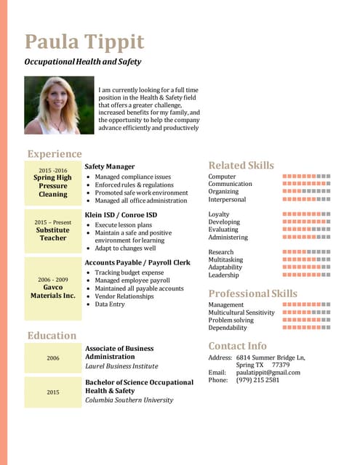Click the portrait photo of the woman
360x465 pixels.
[x=59, y=105]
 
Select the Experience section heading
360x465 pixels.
[x=55, y=154]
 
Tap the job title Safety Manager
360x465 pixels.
[x=110, y=166]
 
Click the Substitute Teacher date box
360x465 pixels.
[x=53, y=230]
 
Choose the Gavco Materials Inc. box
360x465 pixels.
[x=53, y=288]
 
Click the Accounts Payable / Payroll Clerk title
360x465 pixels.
[x=137, y=262]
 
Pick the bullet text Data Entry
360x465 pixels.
[x=110, y=304]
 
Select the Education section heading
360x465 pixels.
[x=52, y=336]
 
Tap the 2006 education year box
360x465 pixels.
[x=53, y=358]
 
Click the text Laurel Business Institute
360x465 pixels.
[x=121, y=367]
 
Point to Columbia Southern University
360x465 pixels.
[x=129, y=400]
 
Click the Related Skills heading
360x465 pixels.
[x=241, y=166]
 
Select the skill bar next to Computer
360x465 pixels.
[x=306, y=177]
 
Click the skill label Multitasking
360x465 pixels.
[x=225, y=259]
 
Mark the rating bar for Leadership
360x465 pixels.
[x=306, y=275]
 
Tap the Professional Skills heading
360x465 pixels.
[x=253, y=294]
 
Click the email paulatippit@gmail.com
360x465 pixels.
[x=268, y=373]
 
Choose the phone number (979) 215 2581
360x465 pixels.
[x=257, y=380]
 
